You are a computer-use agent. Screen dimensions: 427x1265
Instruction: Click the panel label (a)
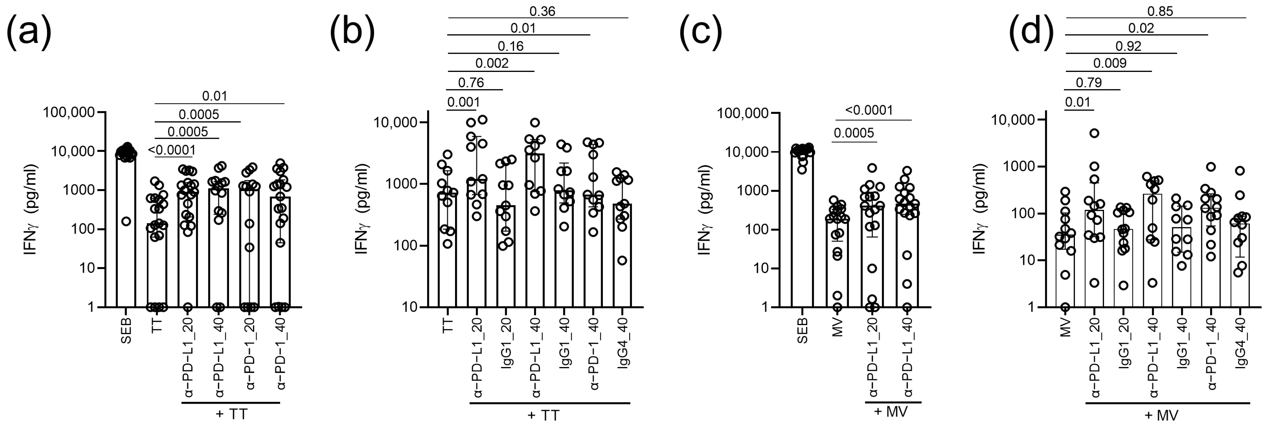28,31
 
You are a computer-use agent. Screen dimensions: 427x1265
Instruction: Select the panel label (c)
701,31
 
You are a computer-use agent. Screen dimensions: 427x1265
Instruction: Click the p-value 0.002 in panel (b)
492,63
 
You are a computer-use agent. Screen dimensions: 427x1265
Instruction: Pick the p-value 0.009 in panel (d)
1110,63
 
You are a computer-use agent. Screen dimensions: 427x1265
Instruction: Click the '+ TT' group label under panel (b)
543,415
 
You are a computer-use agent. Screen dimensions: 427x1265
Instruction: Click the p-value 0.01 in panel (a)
215,96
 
